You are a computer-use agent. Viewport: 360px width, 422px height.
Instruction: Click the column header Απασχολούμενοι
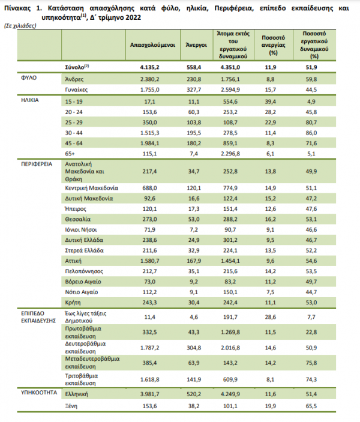click(x=152, y=45)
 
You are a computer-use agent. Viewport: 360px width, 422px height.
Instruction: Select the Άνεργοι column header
click(x=196, y=45)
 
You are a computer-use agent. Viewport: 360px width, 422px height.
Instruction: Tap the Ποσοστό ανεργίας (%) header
click(x=274, y=45)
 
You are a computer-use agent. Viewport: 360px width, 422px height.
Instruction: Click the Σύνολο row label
click(x=77, y=67)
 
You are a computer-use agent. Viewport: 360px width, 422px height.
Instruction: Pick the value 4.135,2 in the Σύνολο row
click(x=149, y=67)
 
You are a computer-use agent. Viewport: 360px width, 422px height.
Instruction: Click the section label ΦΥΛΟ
click(x=29, y=78)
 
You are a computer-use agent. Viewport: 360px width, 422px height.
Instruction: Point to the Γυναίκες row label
click(x=76, y=89)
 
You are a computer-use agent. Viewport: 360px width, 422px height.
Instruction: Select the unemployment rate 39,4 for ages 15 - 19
click(x=271, y=101)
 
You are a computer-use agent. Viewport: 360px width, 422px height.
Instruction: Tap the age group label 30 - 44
click(x=74, y=133)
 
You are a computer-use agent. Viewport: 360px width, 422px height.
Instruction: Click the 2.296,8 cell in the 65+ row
click(x=230, y=154)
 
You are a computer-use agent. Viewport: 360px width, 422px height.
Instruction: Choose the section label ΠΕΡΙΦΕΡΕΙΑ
click(x=37, y=164)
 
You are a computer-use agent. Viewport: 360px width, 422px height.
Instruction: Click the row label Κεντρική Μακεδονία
click(x=91, y=188)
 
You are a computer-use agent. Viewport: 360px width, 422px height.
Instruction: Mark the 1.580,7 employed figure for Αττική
click(x=149, y=261)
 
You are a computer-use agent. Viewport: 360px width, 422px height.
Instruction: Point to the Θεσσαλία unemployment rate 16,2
click(x=271, y=219)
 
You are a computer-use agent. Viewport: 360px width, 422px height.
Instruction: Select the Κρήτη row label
click(x=73, y=303)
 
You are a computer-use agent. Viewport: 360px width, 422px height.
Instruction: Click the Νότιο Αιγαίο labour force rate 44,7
click(x=311, y=292)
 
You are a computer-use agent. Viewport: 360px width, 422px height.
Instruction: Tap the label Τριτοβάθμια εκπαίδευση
click(x=82, y=379)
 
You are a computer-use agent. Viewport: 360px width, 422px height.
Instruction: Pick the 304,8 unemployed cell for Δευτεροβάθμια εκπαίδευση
click(x=194, y=348)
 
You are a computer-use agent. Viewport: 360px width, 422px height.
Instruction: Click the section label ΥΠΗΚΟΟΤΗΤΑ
click(x=39, y=393)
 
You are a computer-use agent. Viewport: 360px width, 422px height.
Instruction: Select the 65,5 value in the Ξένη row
click(x=311, y=406)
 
